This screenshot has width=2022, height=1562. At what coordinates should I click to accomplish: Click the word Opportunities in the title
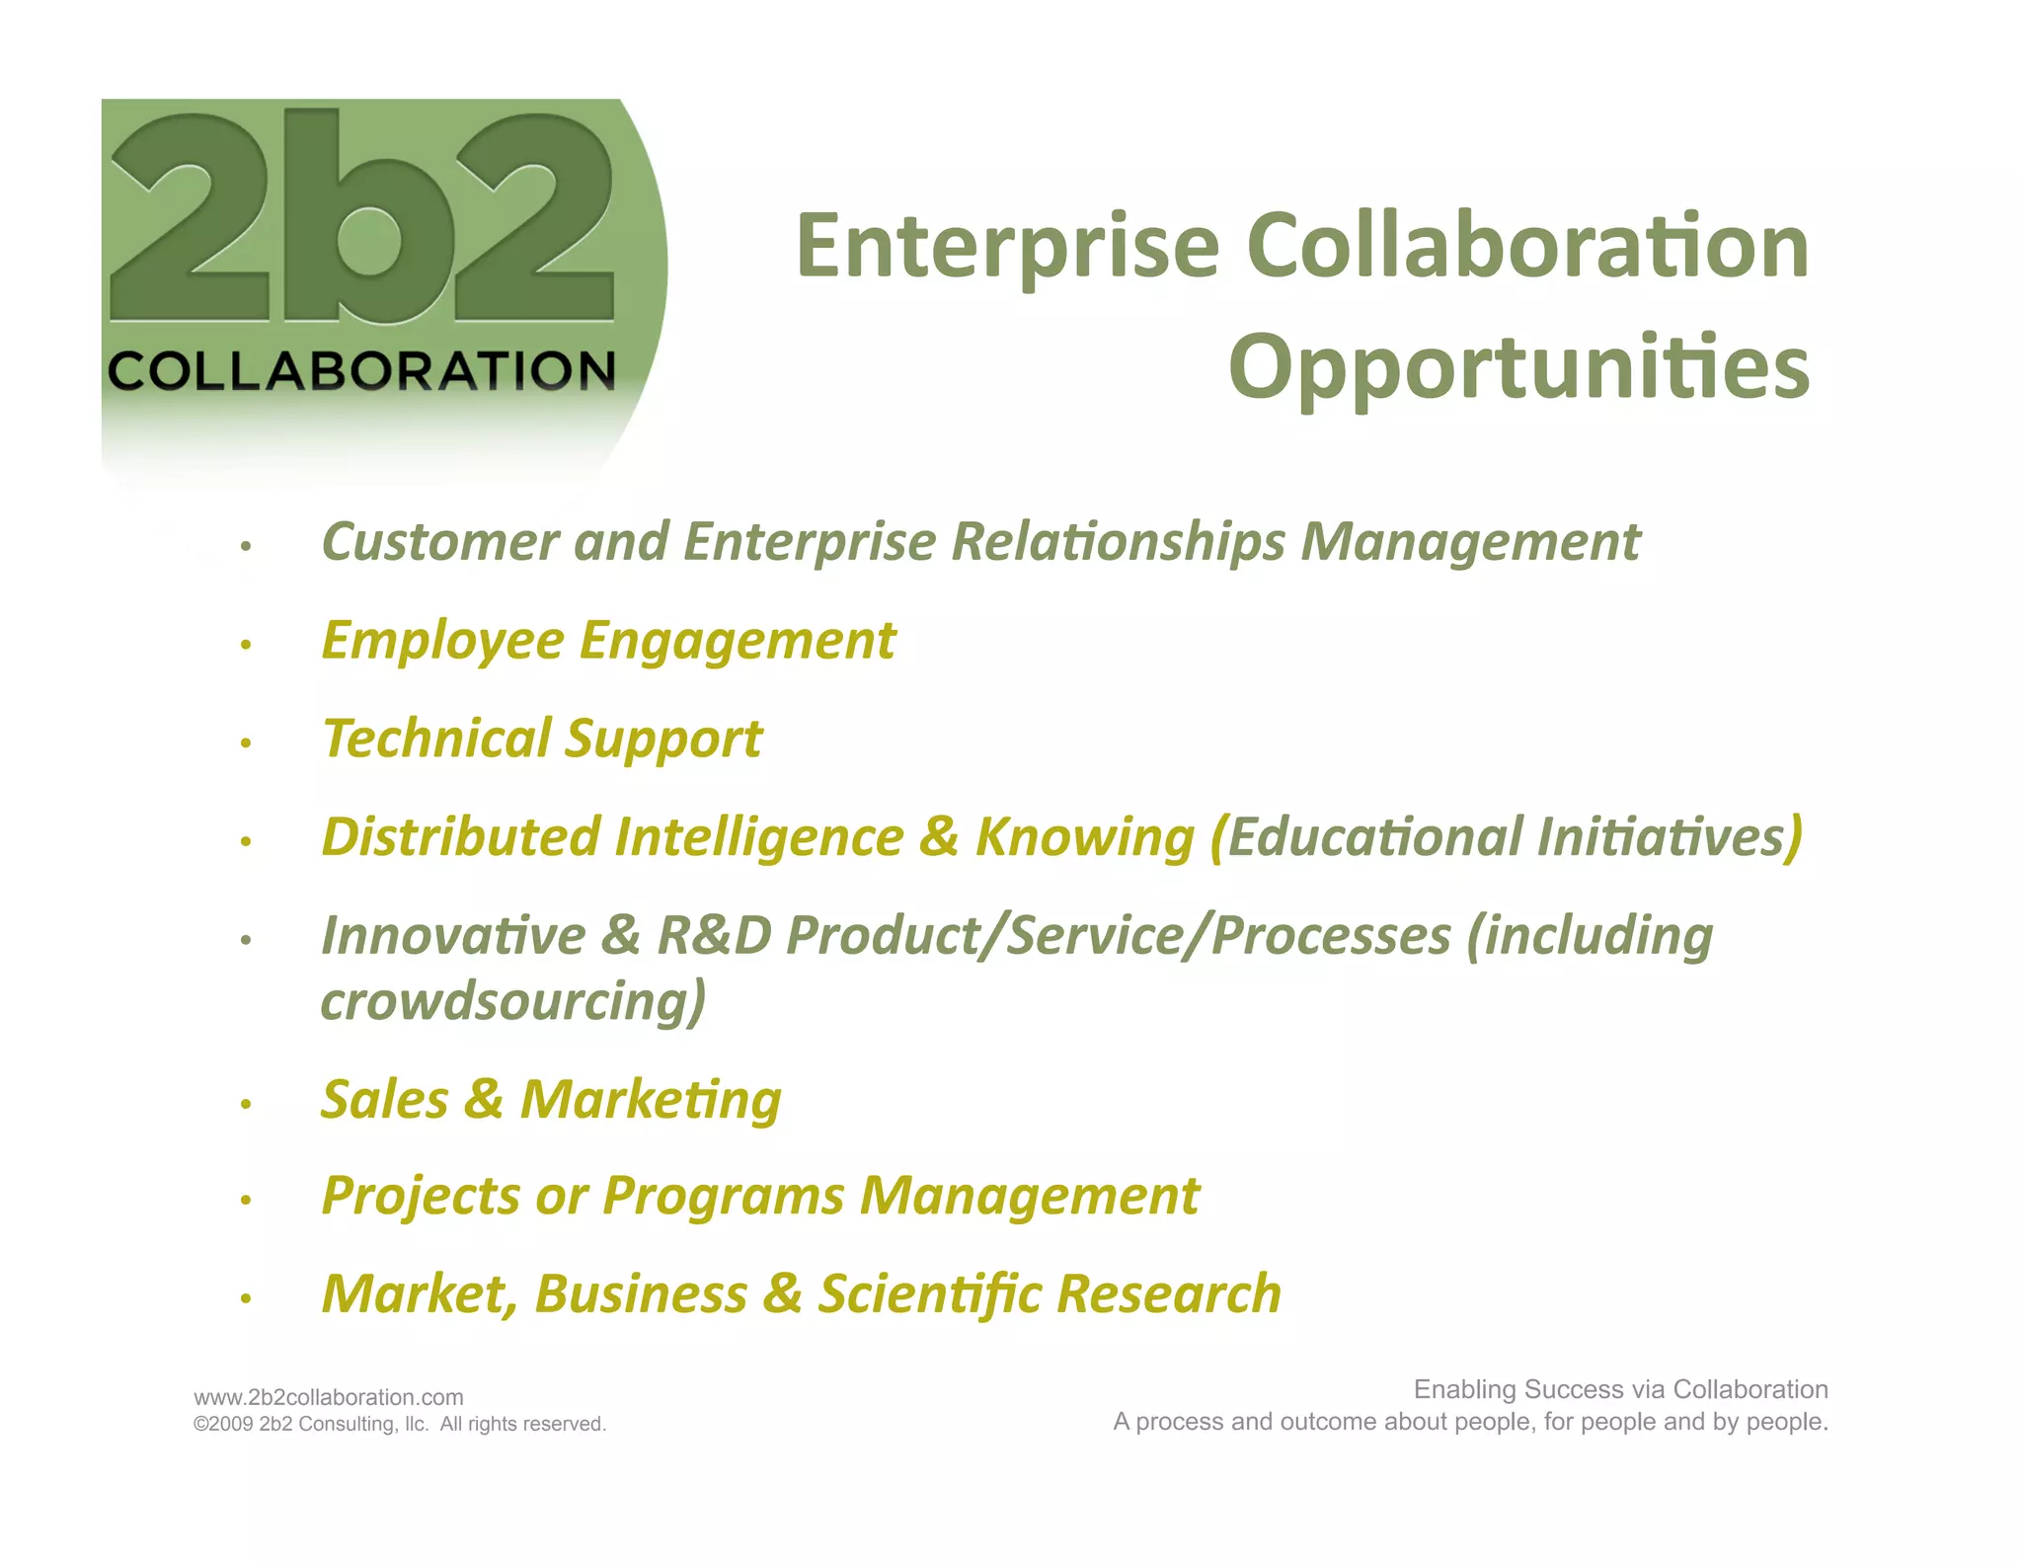pos(1518,367)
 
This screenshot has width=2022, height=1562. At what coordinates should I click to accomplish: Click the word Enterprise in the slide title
pos(1007,247)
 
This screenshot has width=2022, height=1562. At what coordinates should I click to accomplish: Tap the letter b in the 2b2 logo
pos(344,217)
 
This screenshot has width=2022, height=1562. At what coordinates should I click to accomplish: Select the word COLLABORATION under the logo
pos(361,371)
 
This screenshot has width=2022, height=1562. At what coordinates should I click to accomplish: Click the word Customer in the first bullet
pos(440,542)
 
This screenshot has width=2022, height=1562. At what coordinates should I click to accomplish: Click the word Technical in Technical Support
pos(436,739)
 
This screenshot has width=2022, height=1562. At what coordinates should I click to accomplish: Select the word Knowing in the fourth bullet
pos(1084,837)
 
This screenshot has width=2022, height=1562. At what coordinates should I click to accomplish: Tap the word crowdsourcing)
pos(513,1001)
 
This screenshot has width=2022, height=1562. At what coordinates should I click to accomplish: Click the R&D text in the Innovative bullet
pos(714,935)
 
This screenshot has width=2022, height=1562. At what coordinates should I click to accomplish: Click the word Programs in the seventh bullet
pos(723,1197)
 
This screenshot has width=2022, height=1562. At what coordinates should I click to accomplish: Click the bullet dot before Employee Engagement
pos(246,646)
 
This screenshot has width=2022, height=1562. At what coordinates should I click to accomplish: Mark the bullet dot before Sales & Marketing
pos(246,1105)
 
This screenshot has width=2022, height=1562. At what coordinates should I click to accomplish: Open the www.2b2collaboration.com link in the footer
pos(328,1397)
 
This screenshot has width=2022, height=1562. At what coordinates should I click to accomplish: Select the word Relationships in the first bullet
pos(1118,542)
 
